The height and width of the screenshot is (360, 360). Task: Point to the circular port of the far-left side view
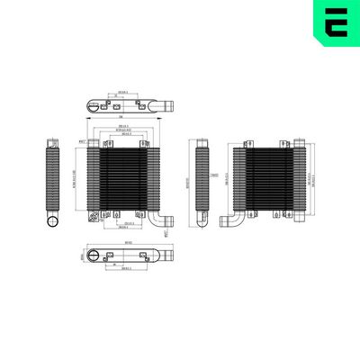click(x=52, y=221)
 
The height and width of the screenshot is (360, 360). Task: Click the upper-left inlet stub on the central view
click(x=93, y=142)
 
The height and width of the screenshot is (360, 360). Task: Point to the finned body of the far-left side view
click(x=50, y=175)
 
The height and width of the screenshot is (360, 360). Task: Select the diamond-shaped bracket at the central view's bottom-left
click(x=94, y=216)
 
